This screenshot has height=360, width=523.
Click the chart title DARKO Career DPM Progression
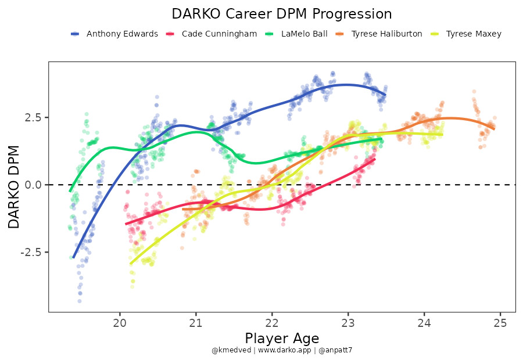pos(282,14)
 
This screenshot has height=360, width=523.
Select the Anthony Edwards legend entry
pos(121,34)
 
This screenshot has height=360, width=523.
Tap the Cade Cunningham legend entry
pos(218,34)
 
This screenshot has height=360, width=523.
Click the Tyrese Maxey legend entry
pos(473,34)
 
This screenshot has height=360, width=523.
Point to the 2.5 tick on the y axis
pos(33,117)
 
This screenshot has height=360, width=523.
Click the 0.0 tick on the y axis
pos(33,185)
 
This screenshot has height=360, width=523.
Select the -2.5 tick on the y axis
pos(31,252)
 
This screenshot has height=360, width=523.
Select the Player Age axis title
pos(282,338)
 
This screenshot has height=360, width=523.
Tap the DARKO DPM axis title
pos(15,187)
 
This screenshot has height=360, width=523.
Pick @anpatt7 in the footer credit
pos(334,351)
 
